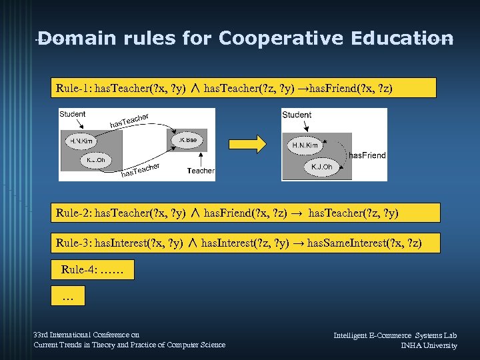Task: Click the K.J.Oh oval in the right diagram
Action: point(321,167)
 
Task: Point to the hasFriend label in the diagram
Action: point(367,155)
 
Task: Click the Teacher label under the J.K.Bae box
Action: point(201,171)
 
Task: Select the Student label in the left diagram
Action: point(73,114)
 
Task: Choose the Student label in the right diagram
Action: point(297,115)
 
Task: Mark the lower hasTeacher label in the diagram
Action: point(141,170)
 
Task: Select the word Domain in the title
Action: point(81,38)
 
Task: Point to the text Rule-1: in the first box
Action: point(75,88)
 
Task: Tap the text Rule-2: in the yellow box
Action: point(75,213)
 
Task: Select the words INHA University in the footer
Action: point(429,345)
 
